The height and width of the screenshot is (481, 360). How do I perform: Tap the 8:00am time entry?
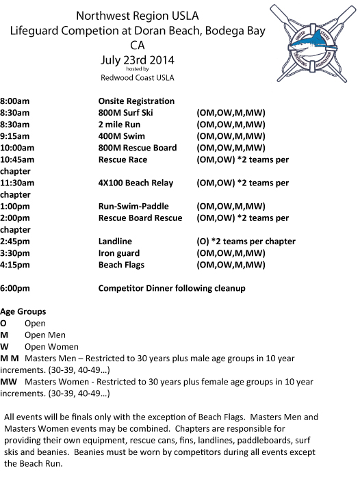point(15,101)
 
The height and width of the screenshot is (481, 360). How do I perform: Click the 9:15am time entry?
point(15,135)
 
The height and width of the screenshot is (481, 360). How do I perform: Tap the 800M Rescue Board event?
point(138,147)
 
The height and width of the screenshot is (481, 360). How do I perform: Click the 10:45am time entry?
point(17,159)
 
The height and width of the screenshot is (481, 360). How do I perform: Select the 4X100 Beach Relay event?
point(136,183)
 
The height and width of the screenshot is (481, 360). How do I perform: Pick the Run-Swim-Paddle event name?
point(133,206)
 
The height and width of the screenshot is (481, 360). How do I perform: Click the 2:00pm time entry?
point(15,218)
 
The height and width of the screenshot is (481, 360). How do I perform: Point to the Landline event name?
point(115,241)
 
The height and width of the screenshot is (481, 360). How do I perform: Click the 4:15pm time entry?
point(15,264)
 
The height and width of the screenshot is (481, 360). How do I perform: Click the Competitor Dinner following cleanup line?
point(172,288)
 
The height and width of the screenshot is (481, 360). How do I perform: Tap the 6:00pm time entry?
point(15,288)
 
